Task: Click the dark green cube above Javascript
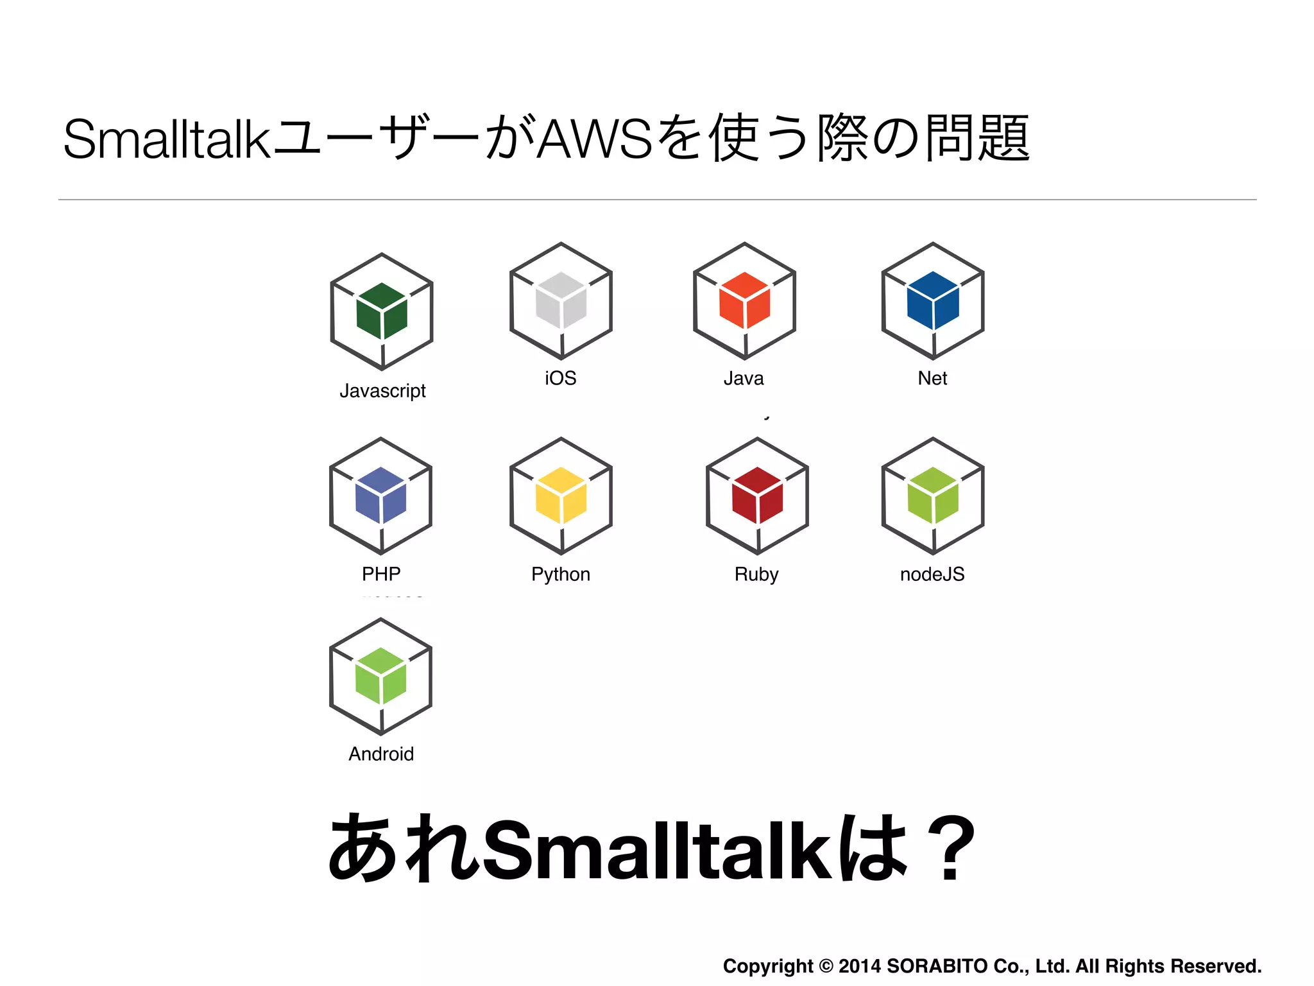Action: point(382,311)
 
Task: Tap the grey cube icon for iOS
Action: point(561,300)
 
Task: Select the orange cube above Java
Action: point(744,300)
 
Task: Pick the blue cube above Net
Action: point(933,300)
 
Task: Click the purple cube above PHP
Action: point(381,496)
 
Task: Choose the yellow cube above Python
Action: point(561,496)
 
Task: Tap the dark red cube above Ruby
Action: point(757,496)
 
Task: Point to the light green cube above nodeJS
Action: point(933,496)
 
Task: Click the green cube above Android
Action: point(381,676)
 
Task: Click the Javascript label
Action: point(382,391)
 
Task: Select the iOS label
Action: point(561,378)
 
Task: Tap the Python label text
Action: point(561,574)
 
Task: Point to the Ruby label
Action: point(756,574)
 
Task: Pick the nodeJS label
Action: point(932,574)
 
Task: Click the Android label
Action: point(381,754)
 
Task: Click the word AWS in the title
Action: point(594,139)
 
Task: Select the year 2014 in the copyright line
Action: point(860,966)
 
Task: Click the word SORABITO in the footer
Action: point(937,966)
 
